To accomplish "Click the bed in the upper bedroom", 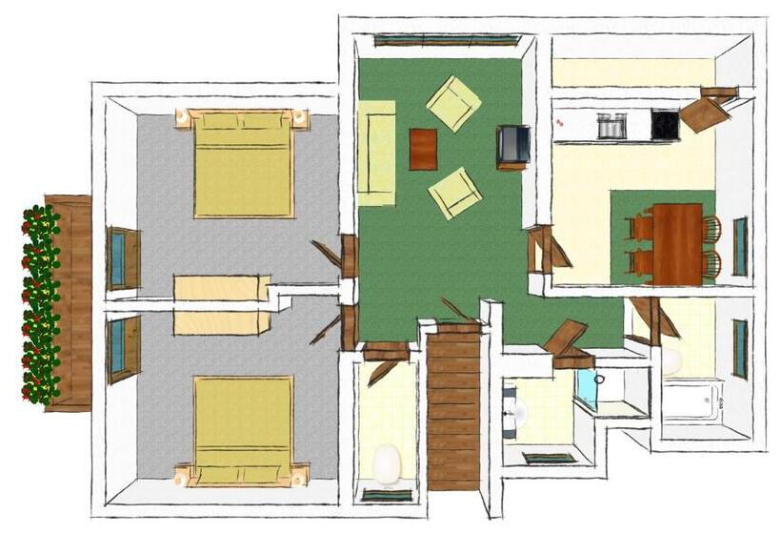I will (243, 164).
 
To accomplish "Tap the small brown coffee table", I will (423, 149).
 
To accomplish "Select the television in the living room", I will (512, 146).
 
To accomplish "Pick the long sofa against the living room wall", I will (377, 153).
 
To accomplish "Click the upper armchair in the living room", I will (453, 103).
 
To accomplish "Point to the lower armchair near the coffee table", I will (455, 193).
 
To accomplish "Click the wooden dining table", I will (678, 243).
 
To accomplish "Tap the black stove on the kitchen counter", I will (665, 124).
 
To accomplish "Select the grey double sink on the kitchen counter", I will (611, 125).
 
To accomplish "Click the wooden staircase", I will (453, 405).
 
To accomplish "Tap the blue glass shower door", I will (586, 392).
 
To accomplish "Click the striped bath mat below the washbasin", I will (550, 459).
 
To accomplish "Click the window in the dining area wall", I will (739, 246).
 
